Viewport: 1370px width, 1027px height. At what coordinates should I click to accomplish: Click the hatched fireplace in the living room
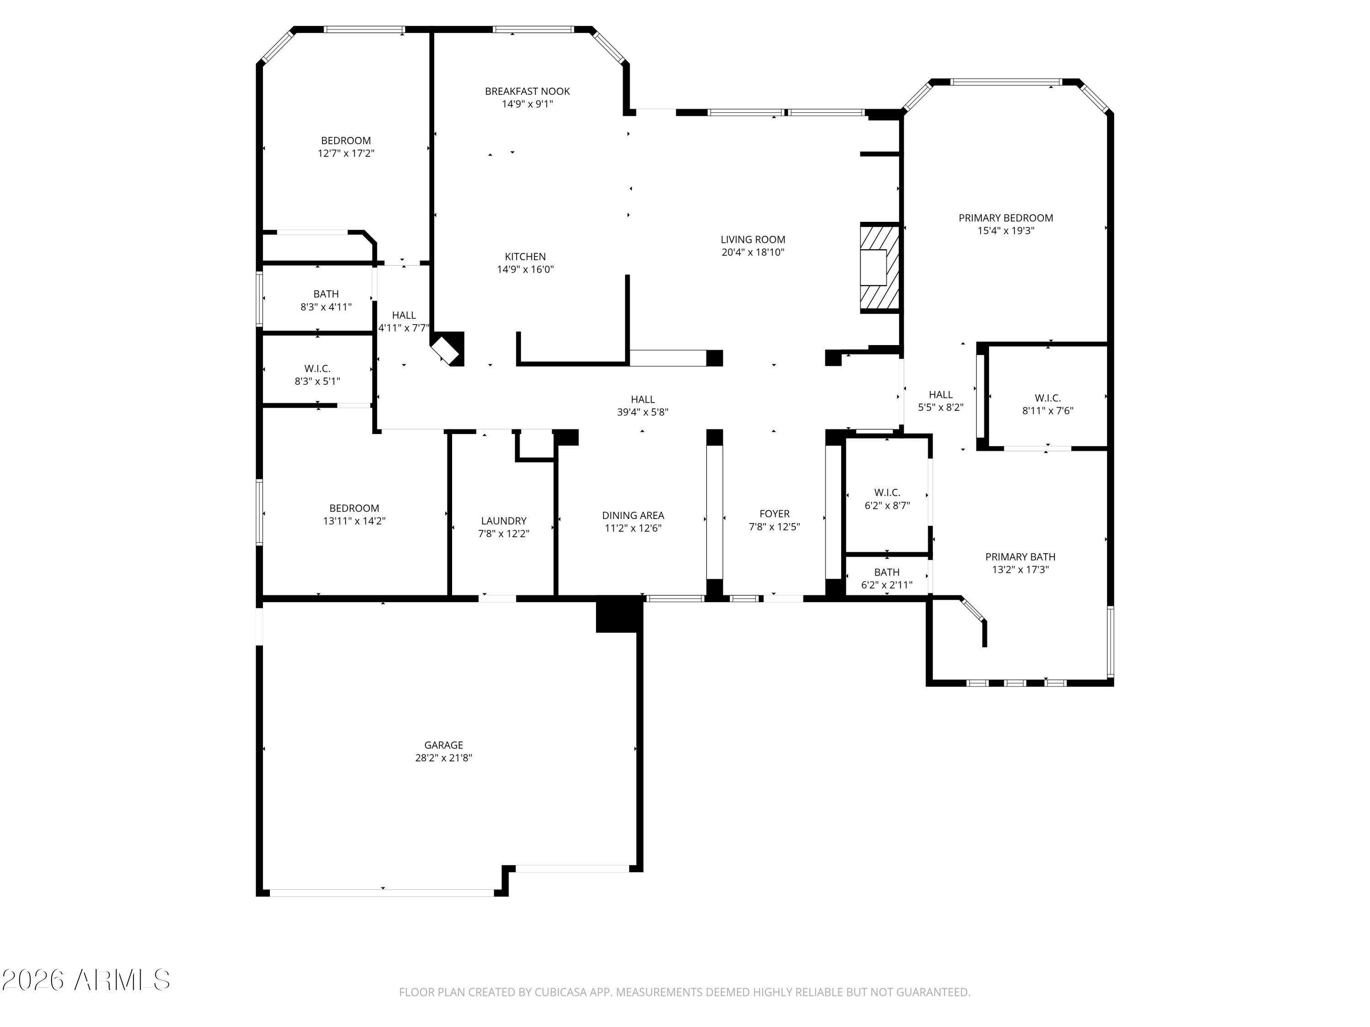879,267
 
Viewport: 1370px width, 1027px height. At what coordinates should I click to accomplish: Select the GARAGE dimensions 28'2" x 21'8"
443,758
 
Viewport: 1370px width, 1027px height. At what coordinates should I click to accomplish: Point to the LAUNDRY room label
504,521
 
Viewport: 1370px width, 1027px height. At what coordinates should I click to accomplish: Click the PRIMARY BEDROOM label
1005,218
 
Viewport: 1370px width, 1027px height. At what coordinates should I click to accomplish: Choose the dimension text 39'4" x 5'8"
642,412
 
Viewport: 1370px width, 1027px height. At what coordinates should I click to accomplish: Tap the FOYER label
774,514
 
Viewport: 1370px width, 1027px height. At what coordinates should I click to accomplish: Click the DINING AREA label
633,515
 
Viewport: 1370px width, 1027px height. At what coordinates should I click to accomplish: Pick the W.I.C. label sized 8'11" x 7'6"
1047,398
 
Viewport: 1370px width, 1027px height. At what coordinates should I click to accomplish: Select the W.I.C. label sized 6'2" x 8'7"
887,493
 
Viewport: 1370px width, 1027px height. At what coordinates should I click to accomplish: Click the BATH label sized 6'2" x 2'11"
887,572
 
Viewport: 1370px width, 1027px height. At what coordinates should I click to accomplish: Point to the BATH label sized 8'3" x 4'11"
326,294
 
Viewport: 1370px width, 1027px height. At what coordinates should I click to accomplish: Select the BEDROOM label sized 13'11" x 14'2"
354,508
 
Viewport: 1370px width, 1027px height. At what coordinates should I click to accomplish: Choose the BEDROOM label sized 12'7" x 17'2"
346,141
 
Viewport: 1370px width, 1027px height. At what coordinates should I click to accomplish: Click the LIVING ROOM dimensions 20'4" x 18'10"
753,252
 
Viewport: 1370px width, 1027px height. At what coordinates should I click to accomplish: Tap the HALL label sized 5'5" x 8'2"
940,394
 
